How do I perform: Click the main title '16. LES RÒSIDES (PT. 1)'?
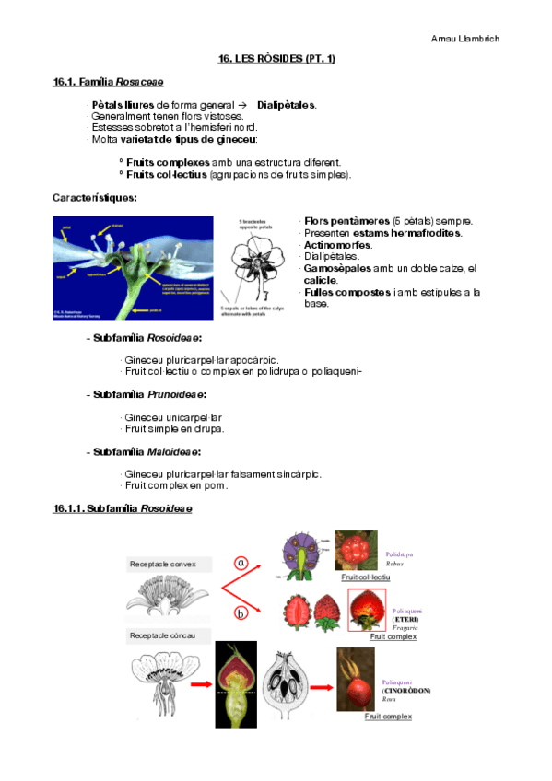(276, 59)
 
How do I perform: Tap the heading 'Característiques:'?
(95, 198)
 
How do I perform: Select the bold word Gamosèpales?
(337, 267)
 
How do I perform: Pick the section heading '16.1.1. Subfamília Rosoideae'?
(123, 509)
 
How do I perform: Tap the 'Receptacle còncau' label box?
(170, 635)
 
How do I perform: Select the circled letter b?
(241, 612)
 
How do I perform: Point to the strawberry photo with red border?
(367, 610)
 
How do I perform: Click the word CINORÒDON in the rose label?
(406, 690)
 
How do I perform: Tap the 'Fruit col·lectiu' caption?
(365, 577)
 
